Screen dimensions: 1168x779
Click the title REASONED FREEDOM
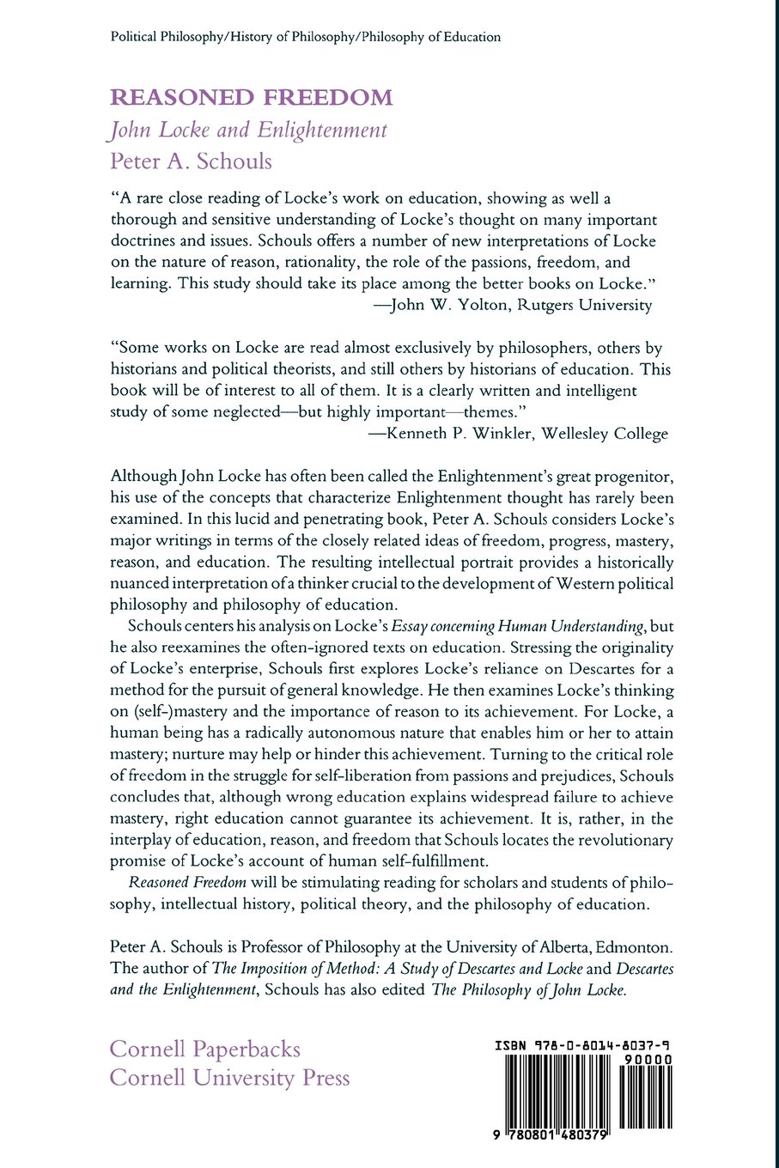pyautogui.click(x=251, y=97)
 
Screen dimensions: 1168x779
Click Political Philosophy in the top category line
pyautogui.click(x=165, y=37)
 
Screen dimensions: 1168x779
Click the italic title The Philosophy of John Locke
pyautogui.click(x=529, y=989)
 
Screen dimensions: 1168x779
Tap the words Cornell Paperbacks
pyautogui.click(x=205, y=1049)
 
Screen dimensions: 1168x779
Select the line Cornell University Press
pyautogui.click(x=230, y=1078)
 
